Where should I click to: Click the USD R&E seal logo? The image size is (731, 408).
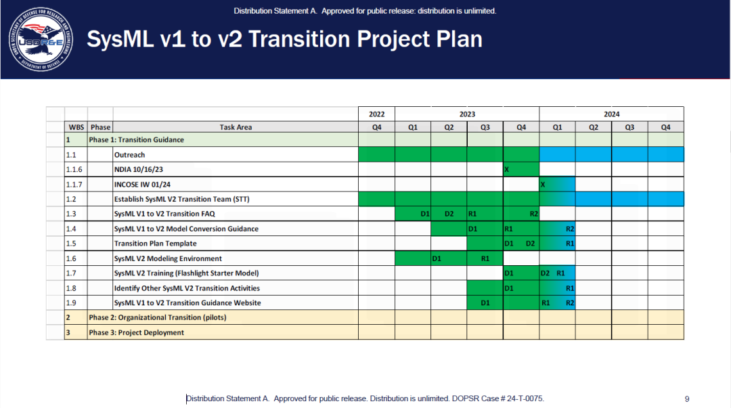pyautogui.click(x=41, y=39)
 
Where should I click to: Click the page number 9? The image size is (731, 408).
pyautogui.click(x=687, y=399)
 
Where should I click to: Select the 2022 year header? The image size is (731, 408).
pyautogui.click(x=377, y=114)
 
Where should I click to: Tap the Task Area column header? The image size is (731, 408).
pyautogui.click(x=236, y=127)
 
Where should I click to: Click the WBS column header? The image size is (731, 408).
pyautogui.click(x=76, y=127)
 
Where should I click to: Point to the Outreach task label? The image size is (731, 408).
pyautogui.click(x=129, y=155)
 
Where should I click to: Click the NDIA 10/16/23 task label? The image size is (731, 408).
pyautogui.click(x=139, y=169)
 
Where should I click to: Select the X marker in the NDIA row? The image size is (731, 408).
pyautogui.click(x=507, y=170)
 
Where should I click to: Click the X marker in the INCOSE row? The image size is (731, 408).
pyautogui.click(x=543, y=185)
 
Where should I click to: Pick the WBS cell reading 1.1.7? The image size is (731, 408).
pyautogui.click(x=74, y=184)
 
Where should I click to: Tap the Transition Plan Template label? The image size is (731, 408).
pyautogui.click(x=155, y=244)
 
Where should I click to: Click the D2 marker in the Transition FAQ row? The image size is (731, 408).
pyautogui.click(x=449, y=214)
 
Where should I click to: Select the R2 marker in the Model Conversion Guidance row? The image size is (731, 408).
pyautogui.click(x=570, y=229)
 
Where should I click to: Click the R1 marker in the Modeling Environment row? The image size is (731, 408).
pyautogui.click(x=485, y=258)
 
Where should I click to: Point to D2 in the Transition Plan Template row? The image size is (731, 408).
pyautogui.click(x=531, y=244)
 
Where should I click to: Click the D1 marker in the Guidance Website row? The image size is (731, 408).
pyautogui.click(x=485, y=302)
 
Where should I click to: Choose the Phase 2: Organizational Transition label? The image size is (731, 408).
pyautogui.click(x=158, y=317)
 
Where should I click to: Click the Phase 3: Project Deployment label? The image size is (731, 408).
pyautogui.click(x=137, y=332)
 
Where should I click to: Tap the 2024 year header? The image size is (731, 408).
pyautogui.click(x=612, y=114)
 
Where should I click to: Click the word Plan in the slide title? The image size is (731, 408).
pyautogui.click(x=459, y=39)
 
